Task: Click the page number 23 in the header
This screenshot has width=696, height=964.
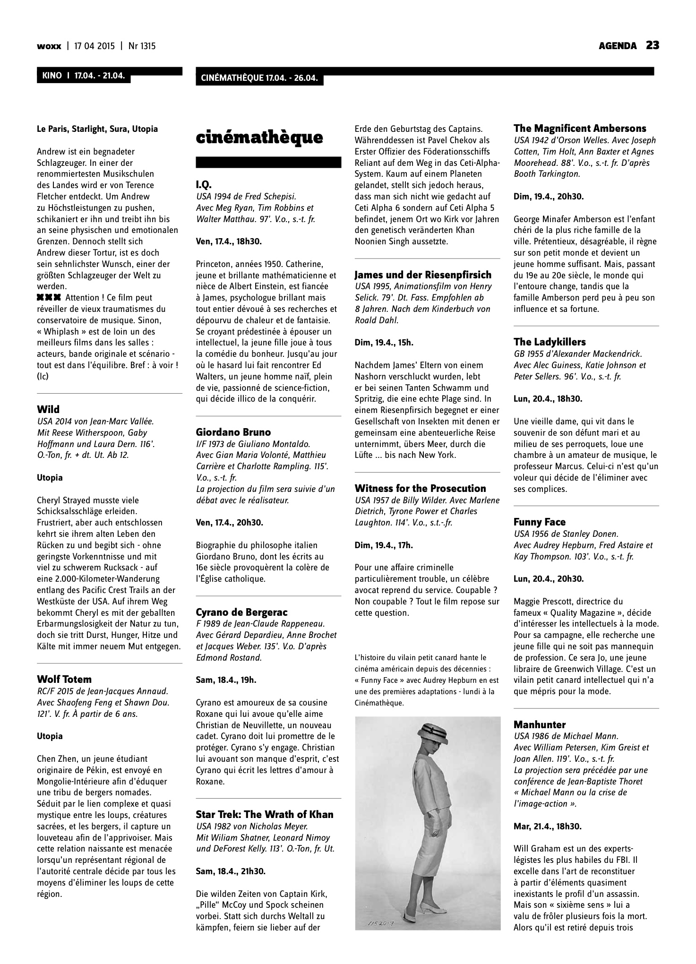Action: click(653, 45)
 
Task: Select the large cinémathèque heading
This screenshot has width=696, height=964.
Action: click(259, 138)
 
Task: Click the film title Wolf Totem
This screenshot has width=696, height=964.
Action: click(64, 680)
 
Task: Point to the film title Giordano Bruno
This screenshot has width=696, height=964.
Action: click(233, 432)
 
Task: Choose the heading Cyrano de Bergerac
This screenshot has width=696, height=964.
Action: click(241, 612)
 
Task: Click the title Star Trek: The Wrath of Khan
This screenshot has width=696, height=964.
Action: click(265, 814)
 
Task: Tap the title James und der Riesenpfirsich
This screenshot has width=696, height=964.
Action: click(423, 275)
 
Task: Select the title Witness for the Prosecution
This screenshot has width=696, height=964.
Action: click(421, 488)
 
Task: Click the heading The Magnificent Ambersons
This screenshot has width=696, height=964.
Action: click(580, 128)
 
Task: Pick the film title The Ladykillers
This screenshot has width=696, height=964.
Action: click(550, 342)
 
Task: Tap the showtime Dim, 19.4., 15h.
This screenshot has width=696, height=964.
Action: click(384, 343)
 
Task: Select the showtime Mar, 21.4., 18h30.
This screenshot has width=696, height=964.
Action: click(548, 826)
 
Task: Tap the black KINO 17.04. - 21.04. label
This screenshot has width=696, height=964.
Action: click(83, 76)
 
